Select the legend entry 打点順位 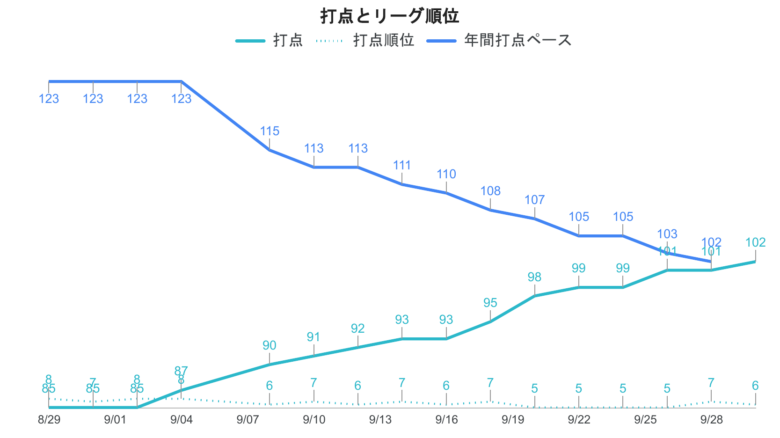pyautogui.click(x=383, y=41)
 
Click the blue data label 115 pyautogui.click(x=270, y=131)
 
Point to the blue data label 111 pyautogui.click(x=402, y=165)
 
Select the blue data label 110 pyautogui.click(x=446, y=174)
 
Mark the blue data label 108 pyautogui.click(x=491, y=191)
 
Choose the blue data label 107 pyautogui.click(x=535, y=200)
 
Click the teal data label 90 pyautogui.click(x=270, y=346)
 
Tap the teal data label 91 pyautogui.click(x=314, y=337)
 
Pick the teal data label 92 pyautogui.click(x=358, y=329)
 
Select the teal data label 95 pyautogui.click(x=491, y=303)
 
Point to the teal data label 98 pyautogui.click(x=535, y=277)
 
